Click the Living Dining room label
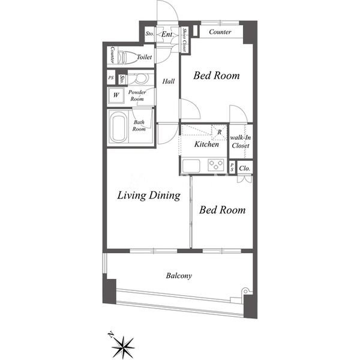[x=149, y=196]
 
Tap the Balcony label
[x=179, y=275]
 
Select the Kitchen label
[x=206, y=144]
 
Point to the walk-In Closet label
[x=241, y=142]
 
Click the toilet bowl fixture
[x=125, y=57]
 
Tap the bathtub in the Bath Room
[x=118, y=127]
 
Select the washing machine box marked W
[x=116, y=95]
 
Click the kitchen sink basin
[x=191, y=166]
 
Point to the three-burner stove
[x=216, y=165]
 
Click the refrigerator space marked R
[x=219, y=132]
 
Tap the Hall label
[x=169, y=81]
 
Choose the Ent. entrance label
[x=167, y=34]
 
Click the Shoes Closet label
[x=184, y=40]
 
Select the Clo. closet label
[x=245, y=168]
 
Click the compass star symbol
[x=123, y=346]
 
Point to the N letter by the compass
[x=111, y=335]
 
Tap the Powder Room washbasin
[x=140, y=79]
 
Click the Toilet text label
[x=144, y=57]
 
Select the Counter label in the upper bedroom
[x=220, y=32]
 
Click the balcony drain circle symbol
[x=245, y=292]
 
